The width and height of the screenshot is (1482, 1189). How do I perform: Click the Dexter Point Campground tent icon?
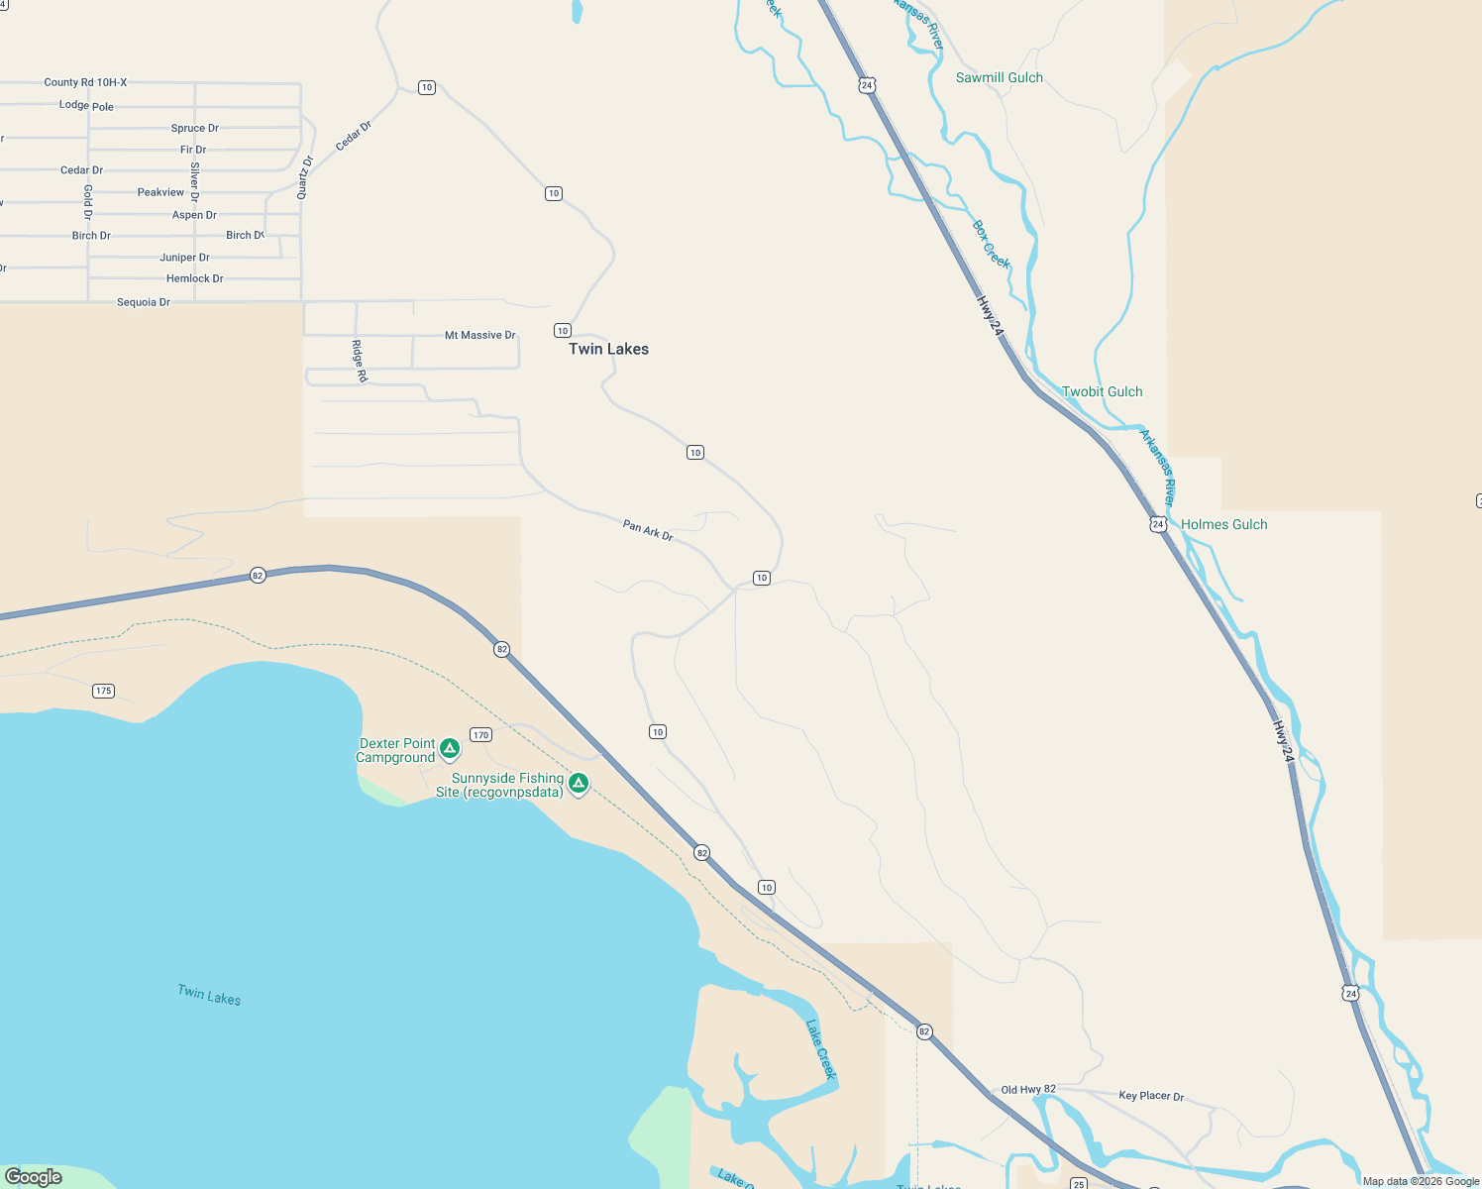tap(450, 748)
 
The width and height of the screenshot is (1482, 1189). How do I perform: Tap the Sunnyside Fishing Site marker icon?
tap(579, 783)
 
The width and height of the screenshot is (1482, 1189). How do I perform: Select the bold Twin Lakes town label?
tap(608, 349)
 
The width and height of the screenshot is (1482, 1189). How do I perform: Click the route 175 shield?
tap(104, 691)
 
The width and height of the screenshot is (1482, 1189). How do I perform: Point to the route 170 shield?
tap(480, 734)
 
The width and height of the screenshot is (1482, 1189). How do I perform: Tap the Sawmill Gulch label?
tap(999, 77)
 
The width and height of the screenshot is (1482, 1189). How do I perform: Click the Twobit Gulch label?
tap(1102, 391)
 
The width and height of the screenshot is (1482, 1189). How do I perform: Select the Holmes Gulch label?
tap(1223, 524)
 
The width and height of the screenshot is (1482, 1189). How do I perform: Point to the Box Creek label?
tap(991, 244)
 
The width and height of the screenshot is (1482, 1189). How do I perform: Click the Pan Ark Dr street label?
tap(648, 530)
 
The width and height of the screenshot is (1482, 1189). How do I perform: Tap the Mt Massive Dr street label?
tap(479, 335)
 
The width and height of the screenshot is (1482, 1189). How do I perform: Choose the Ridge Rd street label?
tap(359, 361)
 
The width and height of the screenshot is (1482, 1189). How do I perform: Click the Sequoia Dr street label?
tap(144, 302)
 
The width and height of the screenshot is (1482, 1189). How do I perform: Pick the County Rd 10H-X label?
tap(85, 82)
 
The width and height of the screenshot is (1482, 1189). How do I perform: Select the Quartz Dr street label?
tap(305, 177)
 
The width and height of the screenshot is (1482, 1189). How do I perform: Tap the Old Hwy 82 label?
tap(1028, 1089)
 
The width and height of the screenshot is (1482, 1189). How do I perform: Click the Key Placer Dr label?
tap(1151, 1096)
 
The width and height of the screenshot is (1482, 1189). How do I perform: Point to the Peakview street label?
tap(160, 192)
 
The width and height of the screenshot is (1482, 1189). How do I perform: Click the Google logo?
tap(34, 1177)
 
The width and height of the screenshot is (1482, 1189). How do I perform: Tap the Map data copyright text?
tap(1421, 1181)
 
